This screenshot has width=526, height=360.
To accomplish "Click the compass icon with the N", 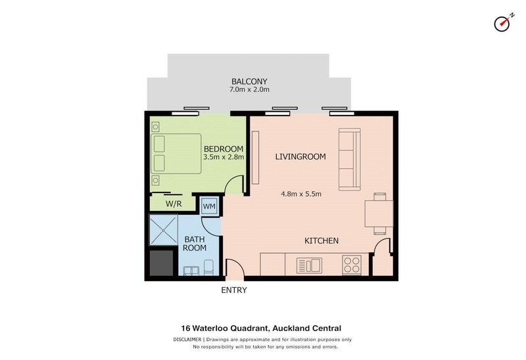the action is click(502, 24).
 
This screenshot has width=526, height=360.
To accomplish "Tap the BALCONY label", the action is click(249, 81).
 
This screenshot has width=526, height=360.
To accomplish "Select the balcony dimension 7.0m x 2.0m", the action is click(249, 89).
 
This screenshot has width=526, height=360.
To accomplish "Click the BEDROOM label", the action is click(224, 149).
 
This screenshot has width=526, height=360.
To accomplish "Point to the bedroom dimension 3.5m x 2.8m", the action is click(224, 157).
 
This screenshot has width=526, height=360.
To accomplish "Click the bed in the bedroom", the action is click(176, 154).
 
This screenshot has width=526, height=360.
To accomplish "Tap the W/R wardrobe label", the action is click(174, 204).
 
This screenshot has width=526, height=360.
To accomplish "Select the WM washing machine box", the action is click(209, 206).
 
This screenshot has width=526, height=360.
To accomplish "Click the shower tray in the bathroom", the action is click(163, 231).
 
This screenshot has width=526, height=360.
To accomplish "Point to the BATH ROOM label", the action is click(195, 244).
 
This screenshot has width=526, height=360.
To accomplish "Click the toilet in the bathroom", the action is click(208, 267).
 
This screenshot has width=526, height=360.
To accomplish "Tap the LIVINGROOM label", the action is click(300, 156).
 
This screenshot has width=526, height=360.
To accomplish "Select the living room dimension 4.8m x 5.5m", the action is click(301, 194).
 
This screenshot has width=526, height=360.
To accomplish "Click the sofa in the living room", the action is click(350, 159).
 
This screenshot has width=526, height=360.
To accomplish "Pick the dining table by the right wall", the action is click(379, 214).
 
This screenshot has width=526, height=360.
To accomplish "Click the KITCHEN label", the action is click(322, 240).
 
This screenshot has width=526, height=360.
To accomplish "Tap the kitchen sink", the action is click(309, 265).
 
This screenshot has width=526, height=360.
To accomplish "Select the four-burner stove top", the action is click(352, 265).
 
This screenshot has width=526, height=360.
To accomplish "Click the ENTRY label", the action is click(234, 290).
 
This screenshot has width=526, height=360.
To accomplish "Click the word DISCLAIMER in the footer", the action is click(187, 340).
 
